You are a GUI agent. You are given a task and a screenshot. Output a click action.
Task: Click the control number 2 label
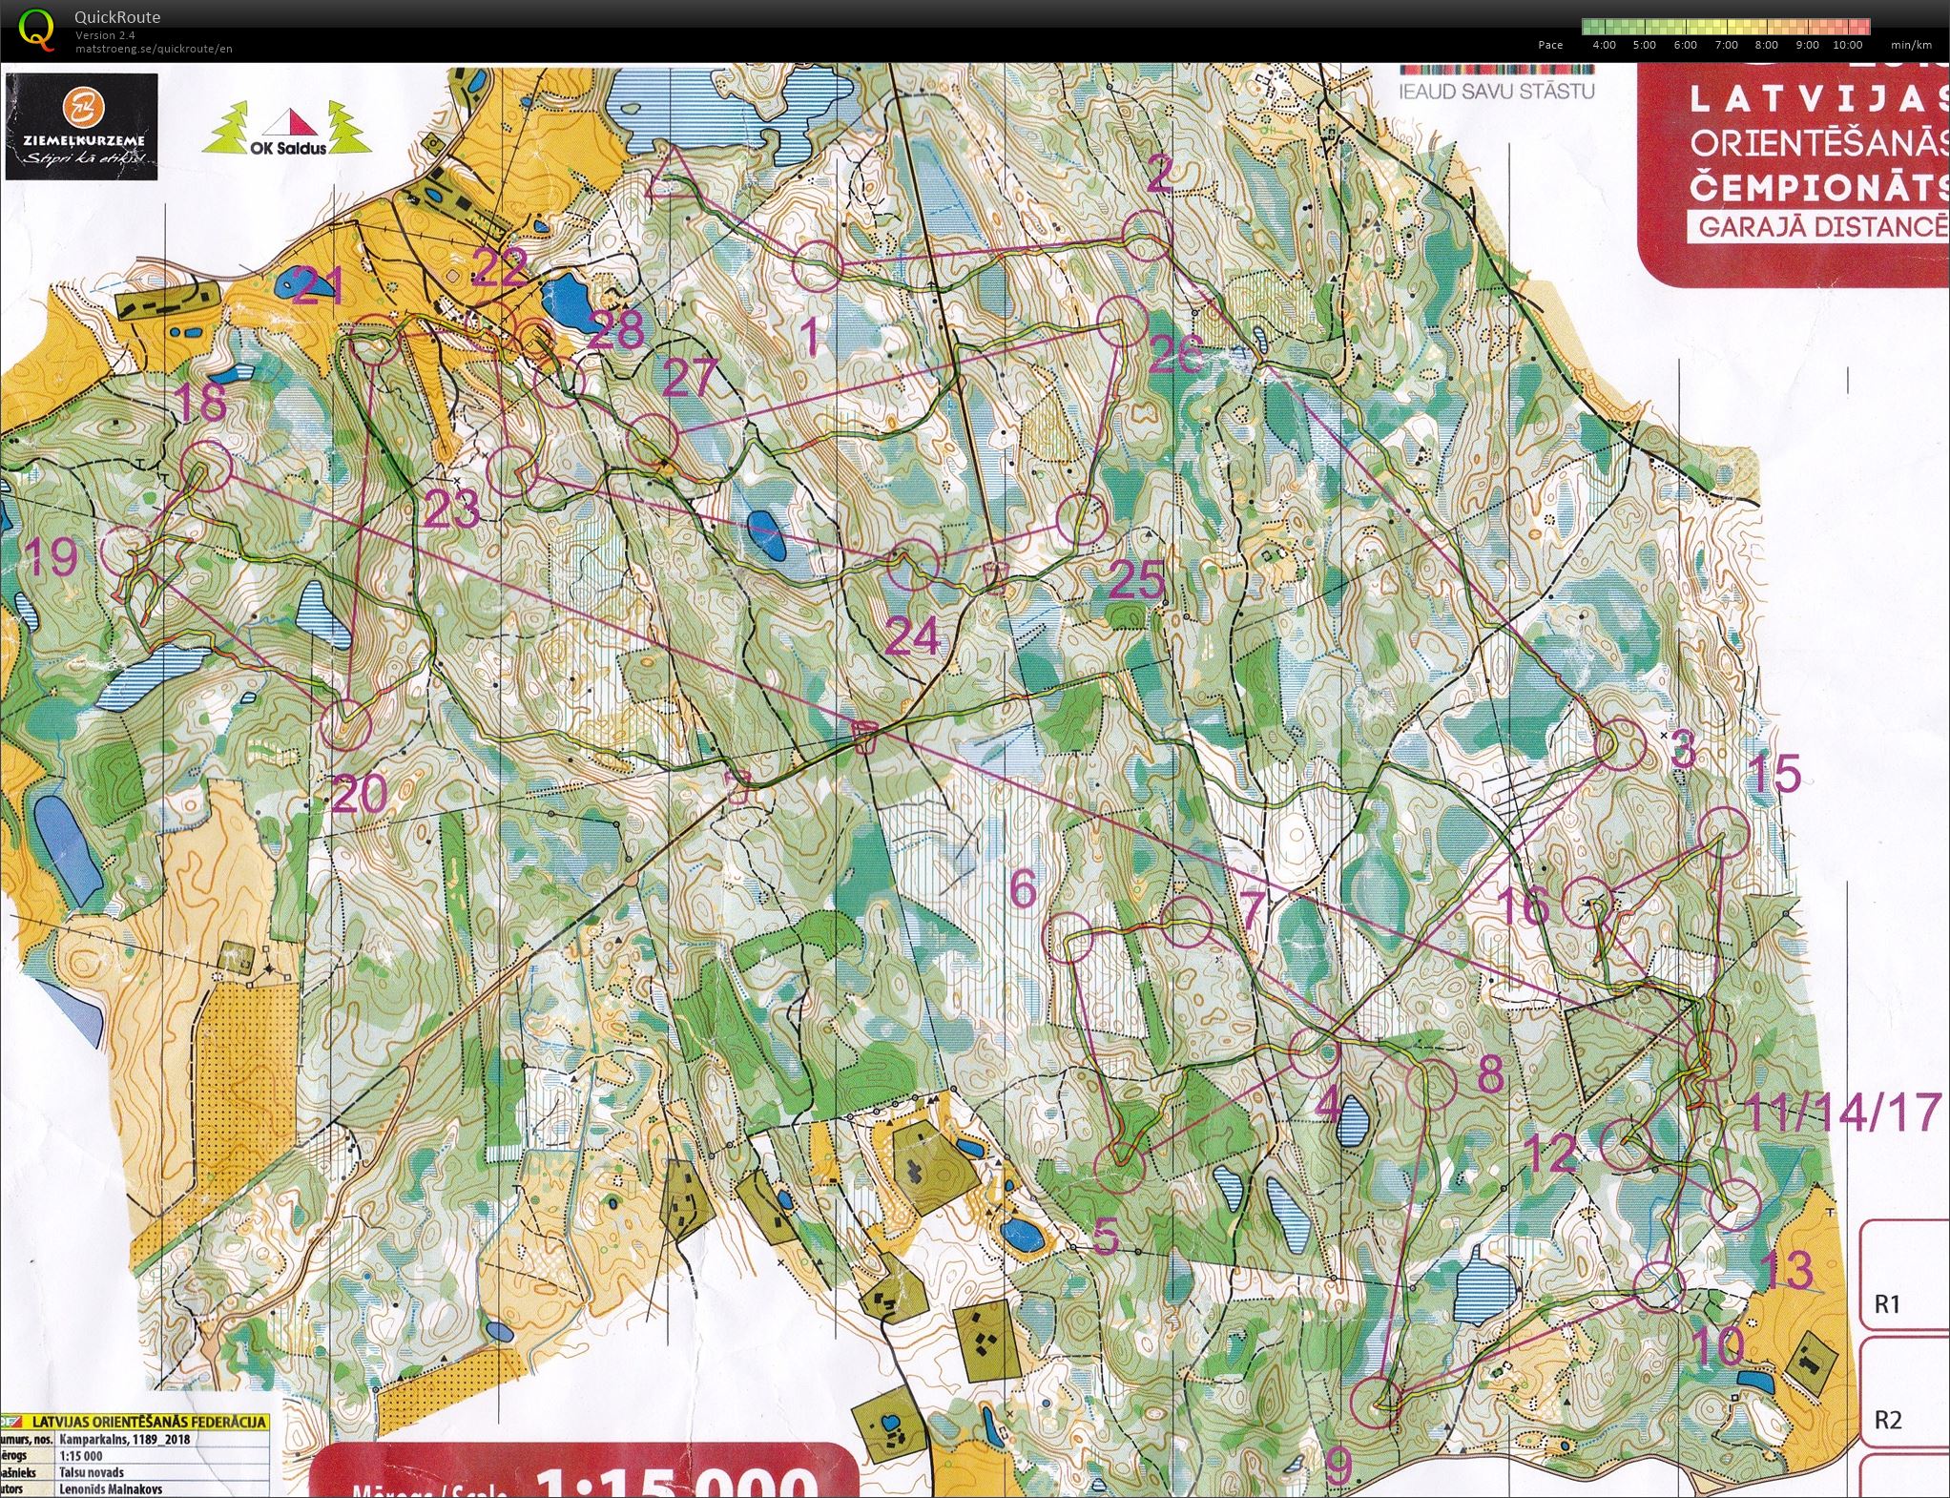pyautogui.click(x=1158, y=173)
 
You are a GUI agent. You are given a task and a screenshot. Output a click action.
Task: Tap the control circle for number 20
pyautogui.click(x=345, y=725)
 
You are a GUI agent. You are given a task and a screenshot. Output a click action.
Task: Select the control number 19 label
pyautogui.click(x=52, y=556)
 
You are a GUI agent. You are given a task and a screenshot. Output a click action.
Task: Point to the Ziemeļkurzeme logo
pyautogui.click(x=82, y=127)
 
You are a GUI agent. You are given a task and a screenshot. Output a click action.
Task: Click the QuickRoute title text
pyautogui.click(x=117, y=17)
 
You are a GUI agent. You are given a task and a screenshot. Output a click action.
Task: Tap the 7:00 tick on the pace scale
pyautogui.click(x=1726, y=45)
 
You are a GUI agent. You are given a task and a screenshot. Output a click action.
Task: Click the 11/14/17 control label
pyautogui.click(x=1842, y=1112)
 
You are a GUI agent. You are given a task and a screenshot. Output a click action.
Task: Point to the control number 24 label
pyautogui.click(x=912, y=636)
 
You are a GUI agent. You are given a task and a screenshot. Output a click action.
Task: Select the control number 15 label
pyautogui.click(x=1773, y=774)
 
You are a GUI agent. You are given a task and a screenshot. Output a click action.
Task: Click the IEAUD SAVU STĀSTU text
pyautogui.click(x=1496, y=92)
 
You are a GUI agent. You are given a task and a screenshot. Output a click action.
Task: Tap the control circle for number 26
pyautogui.click(x=1122, y=322)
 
